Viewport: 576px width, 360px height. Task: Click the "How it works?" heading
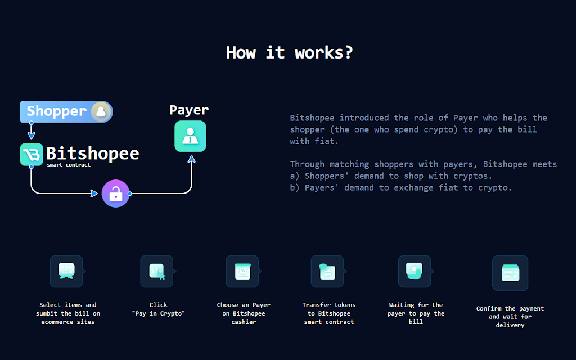coord(289,52)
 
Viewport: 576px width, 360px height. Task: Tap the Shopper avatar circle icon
coord(101,111)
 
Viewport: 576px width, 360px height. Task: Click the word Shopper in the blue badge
coord(57,111)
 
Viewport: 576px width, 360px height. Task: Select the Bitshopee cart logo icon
coord(31,154)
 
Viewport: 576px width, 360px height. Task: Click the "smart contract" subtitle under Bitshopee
coord(69,165)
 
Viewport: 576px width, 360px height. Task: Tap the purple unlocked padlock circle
coord(116,193)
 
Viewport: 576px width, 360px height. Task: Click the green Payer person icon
coord(190,136)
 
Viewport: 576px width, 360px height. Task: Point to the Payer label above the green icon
coord(189,110)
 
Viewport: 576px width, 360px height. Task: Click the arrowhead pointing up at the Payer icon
coord(192,159)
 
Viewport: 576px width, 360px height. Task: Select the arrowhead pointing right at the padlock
coord(94,193)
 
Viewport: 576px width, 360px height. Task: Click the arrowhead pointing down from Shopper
coord(31,136)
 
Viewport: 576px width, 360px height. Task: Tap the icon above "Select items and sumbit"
coord(66,271)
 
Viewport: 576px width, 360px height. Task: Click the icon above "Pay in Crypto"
coord(157,271)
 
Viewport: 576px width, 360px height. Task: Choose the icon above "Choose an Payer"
coord(242,271)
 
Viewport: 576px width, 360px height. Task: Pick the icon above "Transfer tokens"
coord(328,271)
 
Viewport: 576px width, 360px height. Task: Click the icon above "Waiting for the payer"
coord(415,271)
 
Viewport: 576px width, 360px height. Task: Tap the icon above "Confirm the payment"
coord(510,273)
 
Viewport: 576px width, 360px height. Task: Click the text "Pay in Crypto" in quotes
coord(158,313)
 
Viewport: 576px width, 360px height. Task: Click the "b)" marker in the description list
coord(295,188)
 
